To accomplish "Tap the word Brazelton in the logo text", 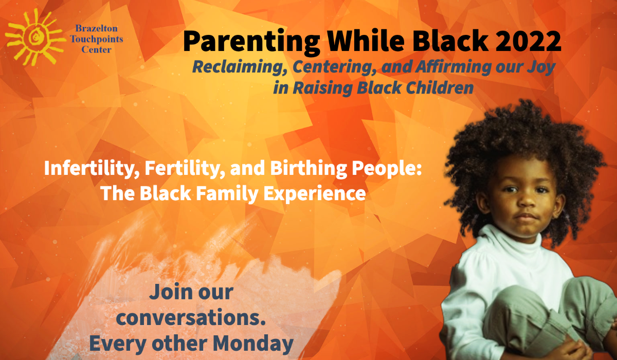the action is pos(97,28).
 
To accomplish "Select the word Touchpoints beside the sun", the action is pos(97,39).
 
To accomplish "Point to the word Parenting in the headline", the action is pos(251,42).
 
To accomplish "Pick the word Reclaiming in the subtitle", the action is pos(240,67).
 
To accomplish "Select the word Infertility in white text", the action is pos(92,168).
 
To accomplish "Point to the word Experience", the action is pos(315,193).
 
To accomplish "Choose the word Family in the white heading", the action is pos(227,193).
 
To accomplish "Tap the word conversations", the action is pos(191,317).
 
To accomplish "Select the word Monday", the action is pos(253,344).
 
